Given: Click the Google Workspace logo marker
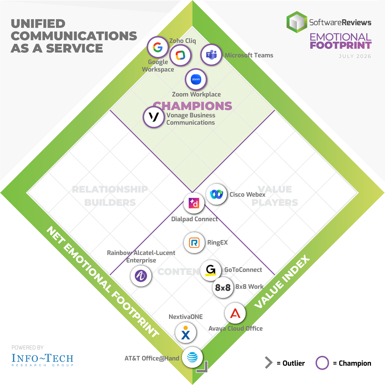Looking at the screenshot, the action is tap(158, 47).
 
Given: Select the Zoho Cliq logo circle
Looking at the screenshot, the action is tap(181, 55).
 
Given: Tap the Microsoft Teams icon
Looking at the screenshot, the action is tap(211, 55).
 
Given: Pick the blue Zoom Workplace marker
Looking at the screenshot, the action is tap(196, 79).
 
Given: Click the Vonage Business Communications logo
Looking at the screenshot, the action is tap(154, 117).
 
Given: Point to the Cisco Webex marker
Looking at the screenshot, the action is tap(216, 194).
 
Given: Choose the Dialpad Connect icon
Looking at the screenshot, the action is tap(194, 203).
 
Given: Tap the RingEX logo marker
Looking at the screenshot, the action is tap(194, 243).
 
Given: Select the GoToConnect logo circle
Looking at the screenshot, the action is tap(210, 270).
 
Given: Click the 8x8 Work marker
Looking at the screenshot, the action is tap(223, 287).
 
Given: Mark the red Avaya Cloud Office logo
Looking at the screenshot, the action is tap(235, 313).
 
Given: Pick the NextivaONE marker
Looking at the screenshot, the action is tap(186, 333).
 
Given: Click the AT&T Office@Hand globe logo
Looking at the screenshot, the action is tap(192, 357).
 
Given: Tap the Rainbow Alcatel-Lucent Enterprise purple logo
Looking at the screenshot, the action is tap(141, 276).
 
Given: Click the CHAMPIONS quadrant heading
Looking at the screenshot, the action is tap(192, 106).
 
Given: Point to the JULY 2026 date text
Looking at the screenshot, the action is tap(355, 56).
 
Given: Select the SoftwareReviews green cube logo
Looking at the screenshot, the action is tap(297, 22).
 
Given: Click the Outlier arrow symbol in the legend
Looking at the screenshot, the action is tap(269, 363).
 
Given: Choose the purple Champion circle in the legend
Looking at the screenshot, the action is tap(322, 363).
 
